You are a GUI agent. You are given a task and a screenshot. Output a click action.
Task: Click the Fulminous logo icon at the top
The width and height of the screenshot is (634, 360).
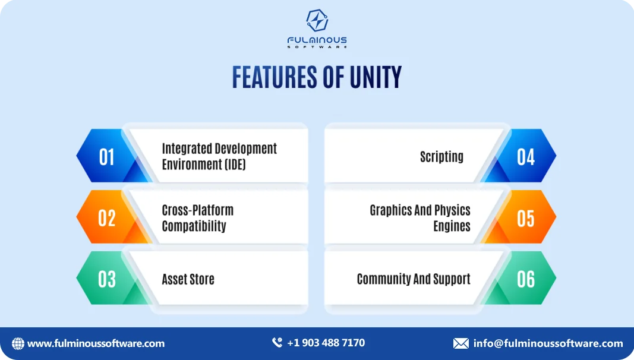(x=317, y=21)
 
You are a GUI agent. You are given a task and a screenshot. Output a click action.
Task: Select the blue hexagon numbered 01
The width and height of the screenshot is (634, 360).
(x=106, y=156)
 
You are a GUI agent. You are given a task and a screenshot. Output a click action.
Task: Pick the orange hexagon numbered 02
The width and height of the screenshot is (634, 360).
(x=106, y=218)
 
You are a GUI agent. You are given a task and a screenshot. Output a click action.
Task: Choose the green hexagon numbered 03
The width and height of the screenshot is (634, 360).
(x=106, y=279)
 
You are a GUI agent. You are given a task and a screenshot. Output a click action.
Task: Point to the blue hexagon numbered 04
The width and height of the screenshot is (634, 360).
(x=526, y=156)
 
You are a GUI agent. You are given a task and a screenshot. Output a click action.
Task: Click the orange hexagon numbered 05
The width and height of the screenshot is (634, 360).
(x=526, y=218)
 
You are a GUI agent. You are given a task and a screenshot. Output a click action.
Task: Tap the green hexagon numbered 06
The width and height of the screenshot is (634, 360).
(x=526, y=279)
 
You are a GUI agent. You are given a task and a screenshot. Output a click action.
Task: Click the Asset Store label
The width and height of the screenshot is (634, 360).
(x=188, y=279)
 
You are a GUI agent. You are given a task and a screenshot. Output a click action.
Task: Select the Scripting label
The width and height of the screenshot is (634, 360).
(x=441, y=157)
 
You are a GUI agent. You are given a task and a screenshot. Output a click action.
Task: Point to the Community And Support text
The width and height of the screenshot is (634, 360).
(x=414, y=279)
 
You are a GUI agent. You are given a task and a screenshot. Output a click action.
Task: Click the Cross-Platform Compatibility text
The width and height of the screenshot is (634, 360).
(x=197, y=218)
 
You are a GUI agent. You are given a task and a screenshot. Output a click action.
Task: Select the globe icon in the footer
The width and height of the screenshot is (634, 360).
(x=18, y=343)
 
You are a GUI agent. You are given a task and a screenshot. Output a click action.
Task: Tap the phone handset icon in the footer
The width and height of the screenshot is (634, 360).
(x=277, y=343)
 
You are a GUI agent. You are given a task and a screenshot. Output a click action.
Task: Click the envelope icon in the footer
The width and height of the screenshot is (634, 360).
(x=461, y=343)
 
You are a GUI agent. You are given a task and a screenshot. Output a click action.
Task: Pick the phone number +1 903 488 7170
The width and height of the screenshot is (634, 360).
(x=326, y=343)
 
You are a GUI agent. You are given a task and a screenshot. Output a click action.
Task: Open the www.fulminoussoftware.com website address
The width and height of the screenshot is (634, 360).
(x=96, y=343)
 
